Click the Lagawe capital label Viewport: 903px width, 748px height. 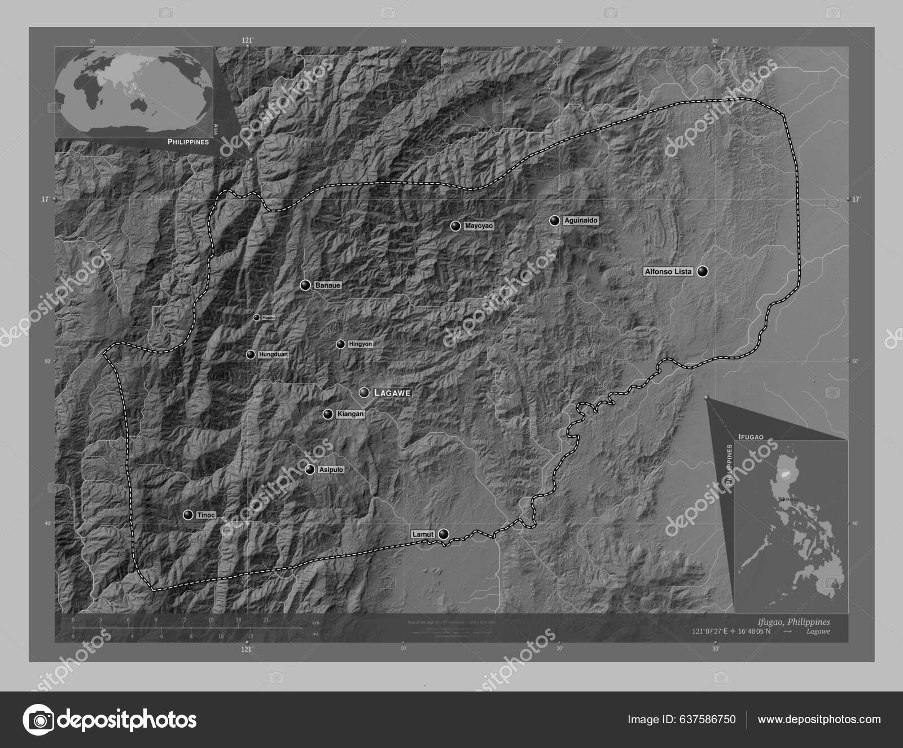point(391,393)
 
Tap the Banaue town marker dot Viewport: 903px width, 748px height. point(305,285)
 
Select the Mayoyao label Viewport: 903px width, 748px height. point(479,226)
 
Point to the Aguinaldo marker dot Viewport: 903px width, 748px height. point(555,220)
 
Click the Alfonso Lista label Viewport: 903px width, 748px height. point(668,272)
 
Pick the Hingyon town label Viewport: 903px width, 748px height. point(361,344)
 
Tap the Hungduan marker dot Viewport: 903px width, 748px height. point(250,355)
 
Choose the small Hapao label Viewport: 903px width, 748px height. point(268,318)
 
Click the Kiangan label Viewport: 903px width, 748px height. point(350,414)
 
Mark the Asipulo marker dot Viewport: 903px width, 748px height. point(309,469)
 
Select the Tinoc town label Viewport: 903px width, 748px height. point(205,515)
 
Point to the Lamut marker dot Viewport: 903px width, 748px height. point(444,534)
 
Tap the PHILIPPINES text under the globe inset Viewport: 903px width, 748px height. point(188,142)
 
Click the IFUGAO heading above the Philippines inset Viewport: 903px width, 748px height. point(751,437)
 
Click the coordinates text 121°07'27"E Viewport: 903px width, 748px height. point(707,631)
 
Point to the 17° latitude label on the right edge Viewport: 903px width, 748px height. point(856,199)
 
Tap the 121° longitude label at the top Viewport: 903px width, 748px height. point(247,40)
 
